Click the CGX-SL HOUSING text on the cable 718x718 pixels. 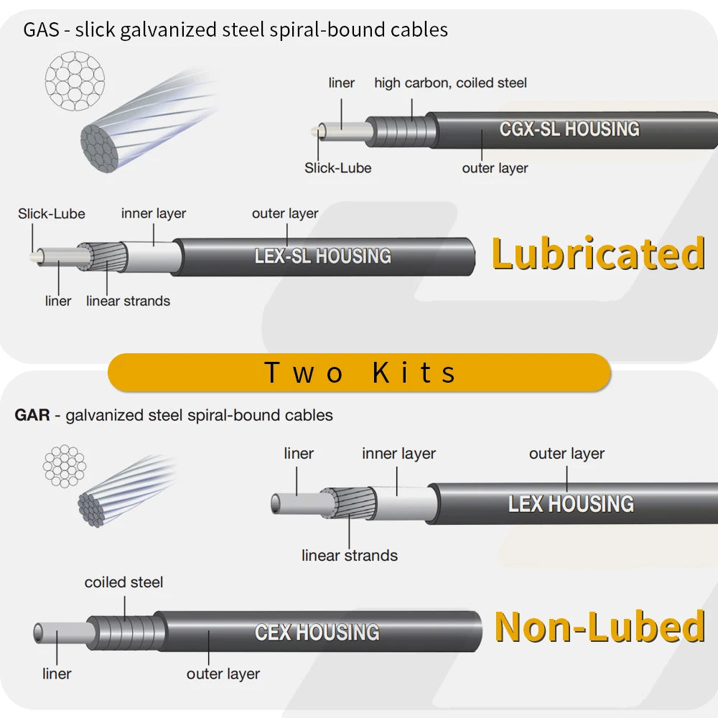coord(569,129)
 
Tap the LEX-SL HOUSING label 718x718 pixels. coord(322,256)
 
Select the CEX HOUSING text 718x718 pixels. coord(317,633)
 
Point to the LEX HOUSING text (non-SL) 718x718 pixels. coord(571,504)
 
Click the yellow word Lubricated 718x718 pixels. coord(598,254)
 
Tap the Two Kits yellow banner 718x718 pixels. coord(359,373)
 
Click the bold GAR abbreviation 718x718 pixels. coord(32,415)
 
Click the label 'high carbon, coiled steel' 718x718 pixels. coord(450,83)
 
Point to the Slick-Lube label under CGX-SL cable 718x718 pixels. coord(337,168)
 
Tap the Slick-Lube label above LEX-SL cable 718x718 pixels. coord(52,214)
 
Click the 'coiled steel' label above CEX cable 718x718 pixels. coord(123,582)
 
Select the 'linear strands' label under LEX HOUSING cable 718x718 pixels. coord(349,556)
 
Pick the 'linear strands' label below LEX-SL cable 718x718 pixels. coord(128,301)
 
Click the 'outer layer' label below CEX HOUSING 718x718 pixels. coord(223,673)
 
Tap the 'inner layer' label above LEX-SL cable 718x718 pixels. coord(153,213)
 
